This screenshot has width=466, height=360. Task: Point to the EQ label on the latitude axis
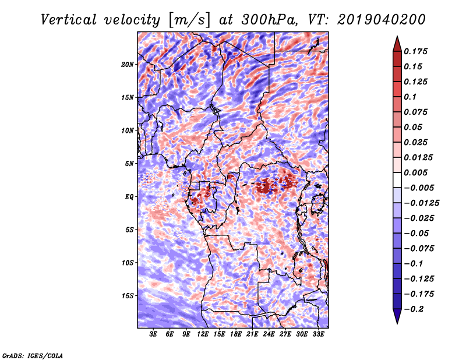point(130,197)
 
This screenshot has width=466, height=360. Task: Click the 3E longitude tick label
point(154,334)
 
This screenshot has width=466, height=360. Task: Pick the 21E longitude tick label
point(252,334)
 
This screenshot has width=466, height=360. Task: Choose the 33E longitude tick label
point(318,334)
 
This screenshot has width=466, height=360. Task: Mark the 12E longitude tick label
point(203,334)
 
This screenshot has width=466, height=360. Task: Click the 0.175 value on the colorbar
point(417,51)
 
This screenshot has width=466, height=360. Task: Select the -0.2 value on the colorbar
point(416,309)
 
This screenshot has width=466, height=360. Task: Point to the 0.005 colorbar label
point(417,172)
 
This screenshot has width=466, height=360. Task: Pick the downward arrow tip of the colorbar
point(397,322)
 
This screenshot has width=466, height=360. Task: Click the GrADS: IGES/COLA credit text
point(32,355)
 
